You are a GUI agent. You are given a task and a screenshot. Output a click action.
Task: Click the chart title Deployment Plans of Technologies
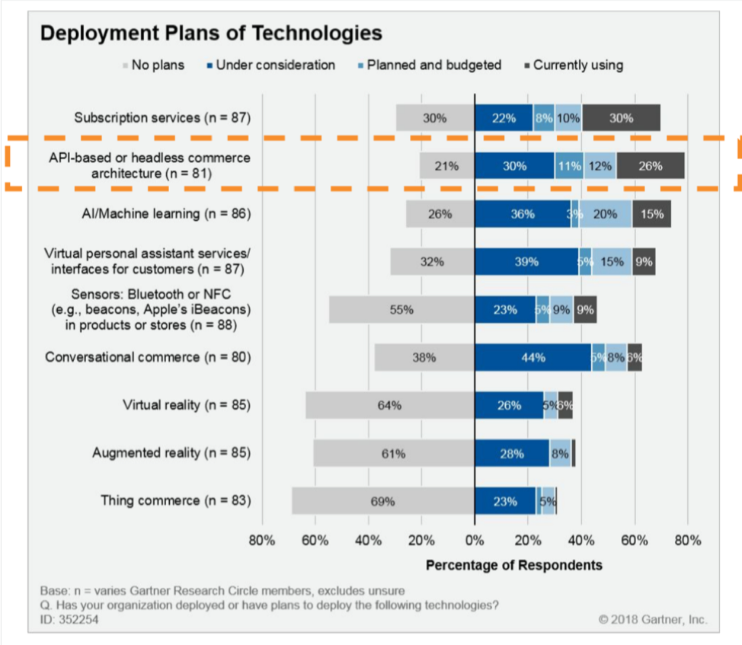[x=210, y=34]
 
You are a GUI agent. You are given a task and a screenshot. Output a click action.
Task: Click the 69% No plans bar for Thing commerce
[x=382, y=501]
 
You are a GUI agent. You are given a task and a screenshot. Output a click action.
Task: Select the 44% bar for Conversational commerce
[x=533, y=357]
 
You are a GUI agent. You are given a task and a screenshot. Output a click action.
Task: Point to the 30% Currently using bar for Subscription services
[x=621, y=118]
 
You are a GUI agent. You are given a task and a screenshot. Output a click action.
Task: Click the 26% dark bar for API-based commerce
[x=650, y=166]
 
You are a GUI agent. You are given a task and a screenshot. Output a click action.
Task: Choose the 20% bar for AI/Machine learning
[x=605, y=214]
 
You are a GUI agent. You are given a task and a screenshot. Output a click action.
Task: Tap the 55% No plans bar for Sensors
[x=401, y=310]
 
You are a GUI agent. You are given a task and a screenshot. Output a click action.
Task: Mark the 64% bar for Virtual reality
[x=389, y=405]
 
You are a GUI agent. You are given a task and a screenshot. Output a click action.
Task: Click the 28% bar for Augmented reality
[x=511, y=453]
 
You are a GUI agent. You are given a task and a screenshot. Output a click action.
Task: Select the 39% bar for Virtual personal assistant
[x=526, y=262]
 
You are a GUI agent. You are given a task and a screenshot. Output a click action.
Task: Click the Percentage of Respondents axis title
[x=513, y=565]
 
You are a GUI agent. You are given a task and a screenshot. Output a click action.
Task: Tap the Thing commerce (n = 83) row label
[x=175, y=501]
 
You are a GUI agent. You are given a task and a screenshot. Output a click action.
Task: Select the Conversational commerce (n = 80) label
[x=148, y=357]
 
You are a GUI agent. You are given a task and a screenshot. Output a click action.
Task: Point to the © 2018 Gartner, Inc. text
[x=654, y=620]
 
